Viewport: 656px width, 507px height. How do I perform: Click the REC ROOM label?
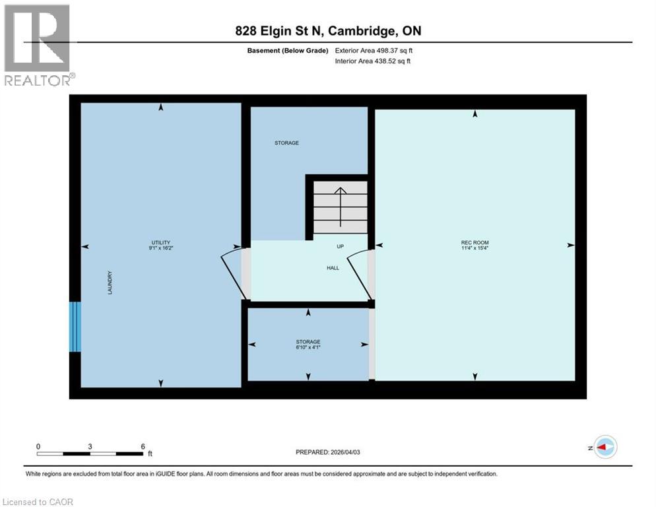[475, 243]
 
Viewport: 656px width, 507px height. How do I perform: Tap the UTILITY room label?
[160, 242]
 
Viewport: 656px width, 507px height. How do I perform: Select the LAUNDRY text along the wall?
[110, 283]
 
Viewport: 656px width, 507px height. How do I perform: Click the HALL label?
[333, 268]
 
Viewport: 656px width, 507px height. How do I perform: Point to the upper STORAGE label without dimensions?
[286, 143]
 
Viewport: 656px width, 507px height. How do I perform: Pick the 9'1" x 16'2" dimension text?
[160, 248]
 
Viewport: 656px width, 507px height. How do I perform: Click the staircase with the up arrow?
[340, 207]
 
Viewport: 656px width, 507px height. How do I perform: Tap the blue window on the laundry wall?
[75, 327]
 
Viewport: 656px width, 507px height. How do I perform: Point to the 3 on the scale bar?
[90, 446]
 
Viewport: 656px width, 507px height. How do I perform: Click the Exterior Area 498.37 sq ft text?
[374, 50]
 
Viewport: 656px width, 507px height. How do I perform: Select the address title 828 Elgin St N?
[288, 31]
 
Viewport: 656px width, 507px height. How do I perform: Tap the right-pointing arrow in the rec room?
[570, 245]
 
